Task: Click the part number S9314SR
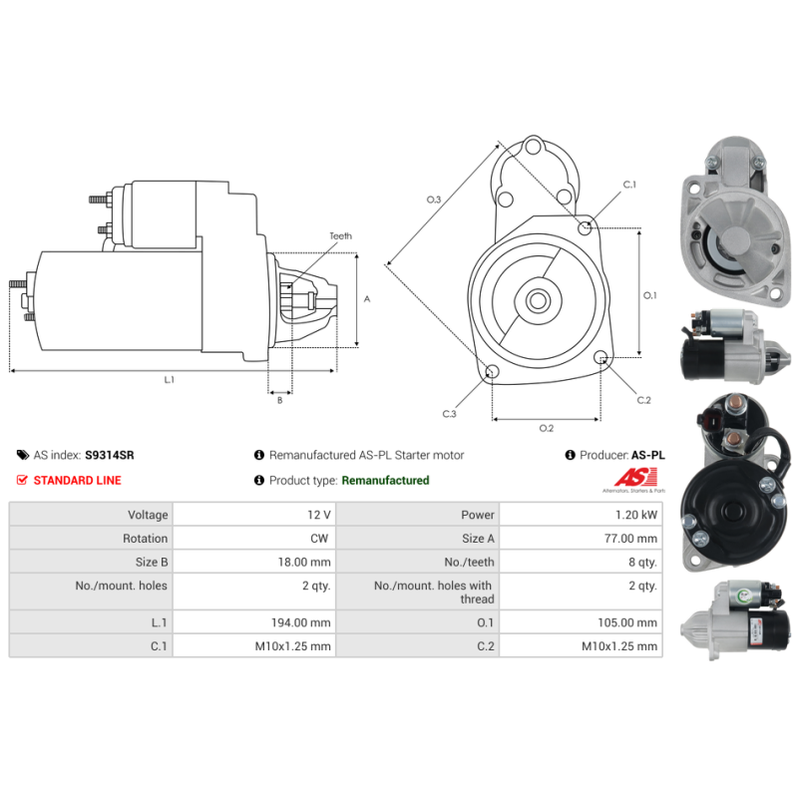(x=110, y=455)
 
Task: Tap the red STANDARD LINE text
(x=78, y=481)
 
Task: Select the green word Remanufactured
(x=385, y=481)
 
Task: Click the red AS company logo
(x=635, y=479)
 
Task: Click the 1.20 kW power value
(x=636, y=515)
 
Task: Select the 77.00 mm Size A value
(x=630, y=539)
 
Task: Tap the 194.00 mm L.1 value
(x=301, y=622)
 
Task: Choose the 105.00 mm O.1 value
(x=627, y=622)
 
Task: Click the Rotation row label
(x=145, y=539)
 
